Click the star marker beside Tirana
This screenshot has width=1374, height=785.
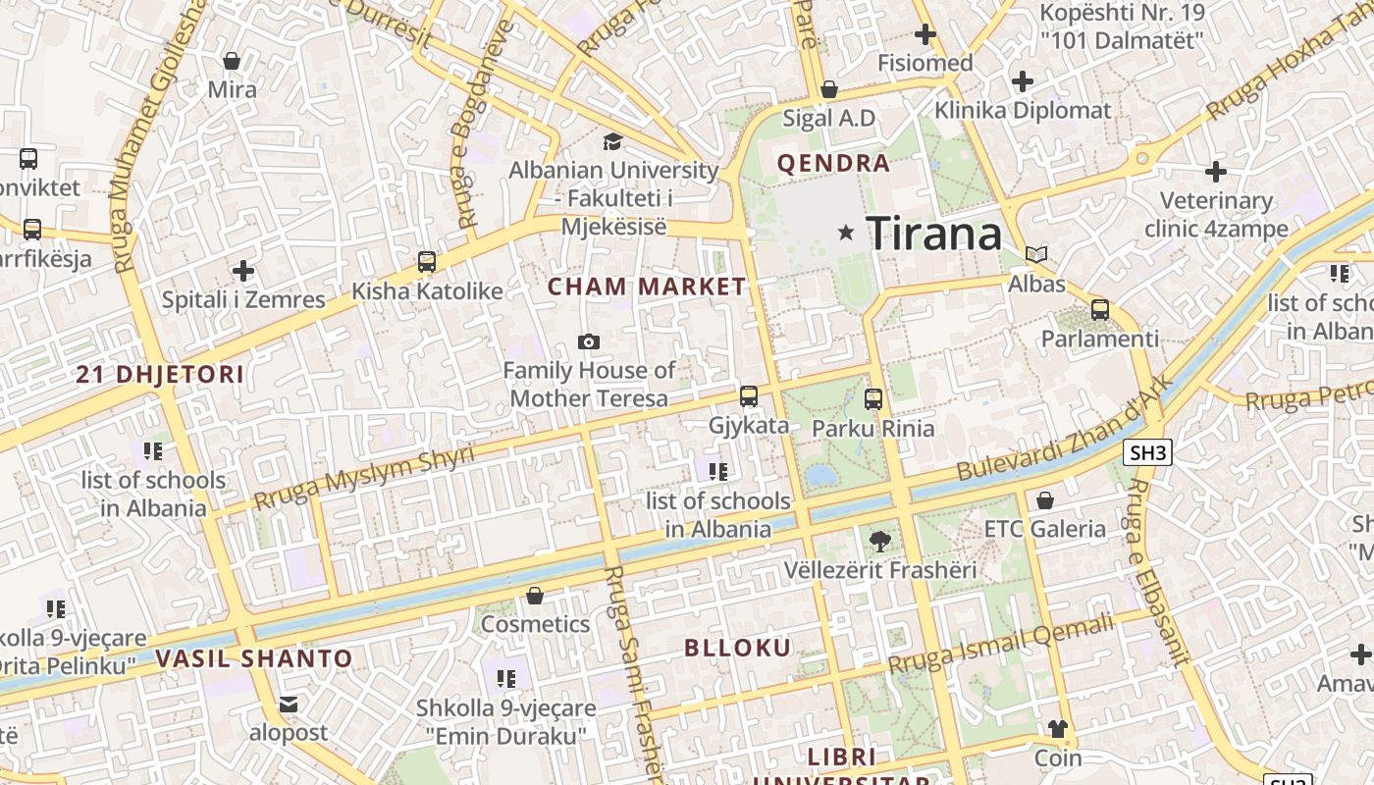(x=846, y=233)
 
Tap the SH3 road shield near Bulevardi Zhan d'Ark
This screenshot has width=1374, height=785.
(x=1148, y=452)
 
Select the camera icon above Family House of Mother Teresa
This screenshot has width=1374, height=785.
(x=589, y=341)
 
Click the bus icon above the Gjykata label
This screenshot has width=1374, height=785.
(x=749, y=396)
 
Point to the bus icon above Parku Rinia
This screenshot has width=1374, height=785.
(x=873, y=399)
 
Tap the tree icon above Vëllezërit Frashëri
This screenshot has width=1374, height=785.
(x=880, y=541)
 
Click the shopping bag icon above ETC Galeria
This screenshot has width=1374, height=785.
(x=1045, y=500)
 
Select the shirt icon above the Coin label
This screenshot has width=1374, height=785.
(x=1057, y=728)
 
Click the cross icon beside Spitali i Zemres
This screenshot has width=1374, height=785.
(x=243, y=271)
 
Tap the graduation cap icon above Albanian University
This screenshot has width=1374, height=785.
(x=613, y=141)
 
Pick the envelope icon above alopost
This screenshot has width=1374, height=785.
(x=288, y=704)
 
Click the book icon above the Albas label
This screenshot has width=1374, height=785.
(x=1036, y=254)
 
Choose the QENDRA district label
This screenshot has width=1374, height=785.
(x=833, y=163)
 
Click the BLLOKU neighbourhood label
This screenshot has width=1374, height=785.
(x=737, y=648)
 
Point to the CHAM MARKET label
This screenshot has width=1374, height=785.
(x=647, y=287)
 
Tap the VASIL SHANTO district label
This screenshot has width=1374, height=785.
(x=253, y=658)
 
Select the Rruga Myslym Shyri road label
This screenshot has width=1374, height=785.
(x=363, y=477)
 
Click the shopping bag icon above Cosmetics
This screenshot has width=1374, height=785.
(x=535, y=596)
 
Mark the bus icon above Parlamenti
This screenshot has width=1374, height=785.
(x=1100, y=310)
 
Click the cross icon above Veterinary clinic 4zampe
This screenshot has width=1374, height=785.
(x=1216, y=172)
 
